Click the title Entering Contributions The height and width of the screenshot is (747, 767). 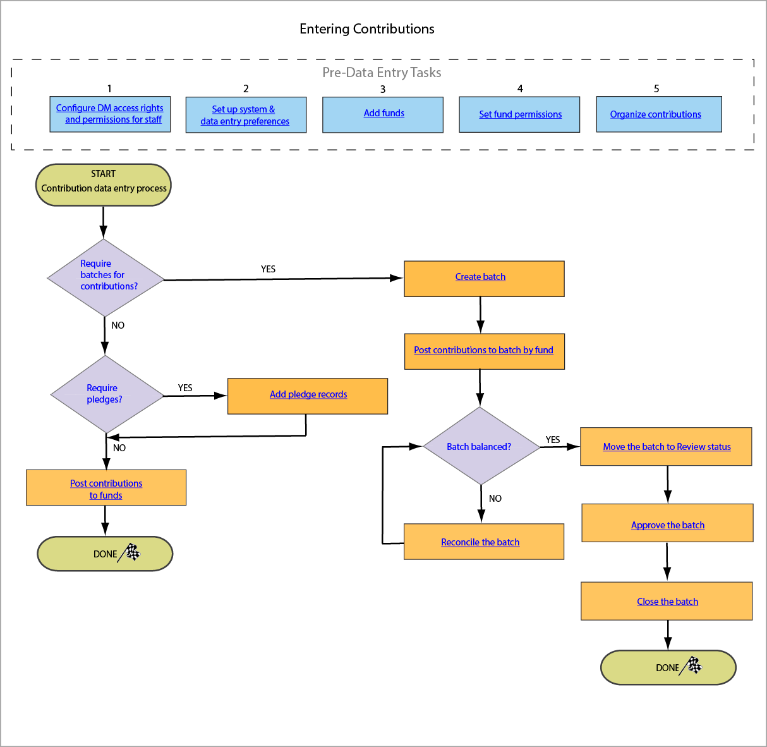tap(366, 29)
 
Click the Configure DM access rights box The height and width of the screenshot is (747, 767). tap(110, 114)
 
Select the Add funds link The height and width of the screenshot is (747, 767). tap(383, 113)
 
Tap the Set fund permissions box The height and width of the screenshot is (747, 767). tap(520, 114)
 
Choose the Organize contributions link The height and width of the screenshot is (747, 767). tap(655, 114)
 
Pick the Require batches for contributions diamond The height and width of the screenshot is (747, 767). tap(105, 277)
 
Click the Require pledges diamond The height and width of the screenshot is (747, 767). tap(106, 394)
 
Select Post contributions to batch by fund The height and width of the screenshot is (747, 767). tap(483, 350)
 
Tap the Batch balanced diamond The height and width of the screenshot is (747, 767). tap(480, 447)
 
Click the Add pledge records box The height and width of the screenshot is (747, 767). tap(308, 395)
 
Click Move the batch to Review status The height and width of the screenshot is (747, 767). tap(667, 447)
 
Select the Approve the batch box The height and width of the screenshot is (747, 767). tap(667, 525)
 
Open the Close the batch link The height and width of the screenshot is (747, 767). tap(667, 602)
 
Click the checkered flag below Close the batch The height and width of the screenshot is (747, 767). tap(694, 665)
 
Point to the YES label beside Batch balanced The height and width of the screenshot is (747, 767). tap(553, 440)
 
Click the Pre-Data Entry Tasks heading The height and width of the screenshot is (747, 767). tap(382, 73)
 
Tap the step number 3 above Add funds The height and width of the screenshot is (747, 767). tap(383, 89)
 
